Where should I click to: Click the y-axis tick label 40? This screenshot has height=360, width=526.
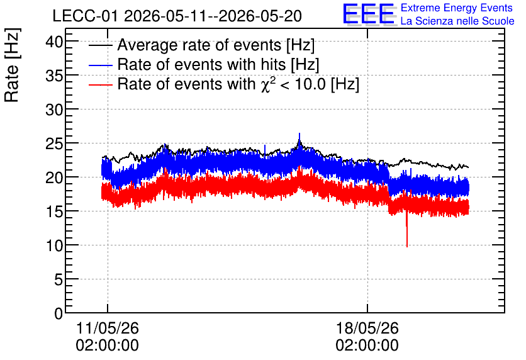tap(54, 43)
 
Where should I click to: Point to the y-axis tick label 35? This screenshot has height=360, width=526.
tap(54, 77)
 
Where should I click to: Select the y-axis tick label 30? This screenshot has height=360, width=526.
tap(54, 110)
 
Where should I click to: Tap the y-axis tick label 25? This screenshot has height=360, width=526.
tap(54, 144)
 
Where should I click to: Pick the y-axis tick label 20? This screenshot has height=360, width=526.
tap(54, 178)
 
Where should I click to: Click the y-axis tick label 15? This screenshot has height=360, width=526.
tap(54, 212)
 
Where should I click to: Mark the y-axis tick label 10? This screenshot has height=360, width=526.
tap(54, 246)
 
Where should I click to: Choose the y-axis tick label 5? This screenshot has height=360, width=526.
tap(59, 279)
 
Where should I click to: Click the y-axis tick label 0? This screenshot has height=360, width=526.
tap(59, 313)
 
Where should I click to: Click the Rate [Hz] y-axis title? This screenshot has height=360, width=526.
tap(12, 65)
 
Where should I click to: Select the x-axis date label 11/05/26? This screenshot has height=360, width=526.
tap(108, 328)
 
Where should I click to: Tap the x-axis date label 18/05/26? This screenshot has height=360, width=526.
tap(367, 328)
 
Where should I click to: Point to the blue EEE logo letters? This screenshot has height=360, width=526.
tap(368, 14)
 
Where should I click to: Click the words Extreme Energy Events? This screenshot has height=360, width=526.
tap(457, 8)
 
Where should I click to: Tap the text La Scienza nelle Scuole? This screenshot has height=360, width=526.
tap(457, 21)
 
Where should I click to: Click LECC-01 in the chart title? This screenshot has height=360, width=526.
tap(85, 16)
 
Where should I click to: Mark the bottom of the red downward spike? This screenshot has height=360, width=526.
tap(407, 247)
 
